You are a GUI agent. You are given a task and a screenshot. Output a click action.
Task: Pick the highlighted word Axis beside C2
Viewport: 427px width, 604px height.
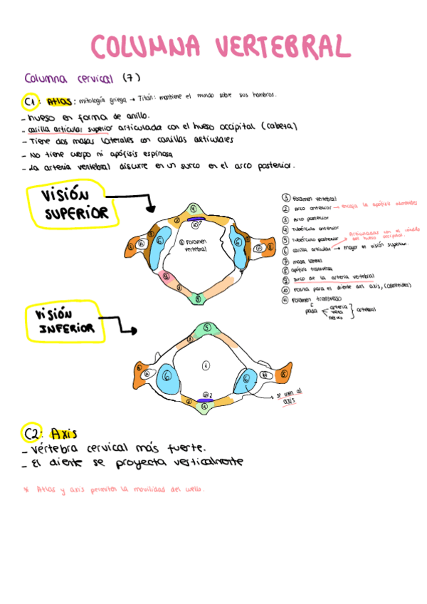pyautogui.click(x=64, y=433)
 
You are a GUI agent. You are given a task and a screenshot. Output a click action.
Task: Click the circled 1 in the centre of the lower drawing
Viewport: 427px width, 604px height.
pyautogui.click(x=206, y=365)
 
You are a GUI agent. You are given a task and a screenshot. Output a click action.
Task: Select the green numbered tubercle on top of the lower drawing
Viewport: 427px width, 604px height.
pyautogui.click(x=207, y=327)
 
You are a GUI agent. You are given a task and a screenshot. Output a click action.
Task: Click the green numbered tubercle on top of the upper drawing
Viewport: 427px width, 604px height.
pyautogui.click(x=193, y=209)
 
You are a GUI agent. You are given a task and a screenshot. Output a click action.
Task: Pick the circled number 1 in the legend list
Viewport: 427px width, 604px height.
pyautogui.click(x=285, y=199)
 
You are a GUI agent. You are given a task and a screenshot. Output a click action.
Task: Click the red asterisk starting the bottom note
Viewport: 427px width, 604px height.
pyautogui.click(x=26, y=490)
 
